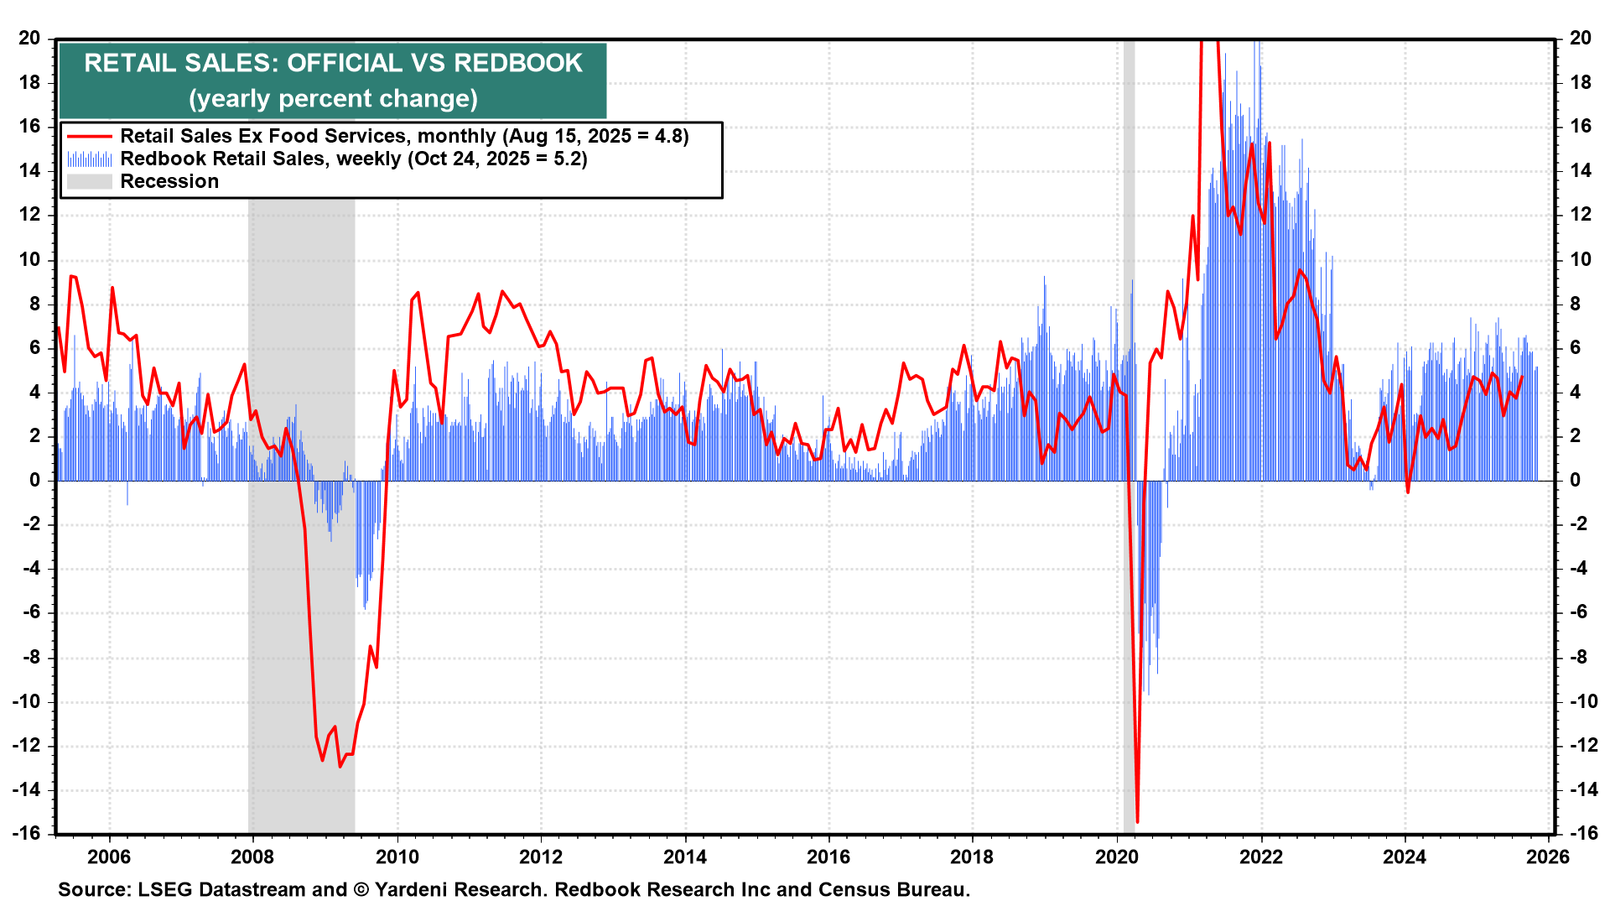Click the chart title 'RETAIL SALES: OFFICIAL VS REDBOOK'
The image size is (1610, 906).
click(x=333, y=64)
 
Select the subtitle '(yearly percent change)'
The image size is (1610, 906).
click(x=333, y=99)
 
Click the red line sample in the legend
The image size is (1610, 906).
click(x=89, y=137)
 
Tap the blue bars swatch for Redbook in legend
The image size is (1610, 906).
click(x=89, y=159)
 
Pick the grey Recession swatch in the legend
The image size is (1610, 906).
click(x=89, y=182)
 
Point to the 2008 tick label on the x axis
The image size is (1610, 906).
click(x=252, y=857)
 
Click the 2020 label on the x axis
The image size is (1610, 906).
click(x=1117, y=857)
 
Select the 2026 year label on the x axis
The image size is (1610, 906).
click(x=1548, y=857)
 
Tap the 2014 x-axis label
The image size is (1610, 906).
click(x=685, y=857)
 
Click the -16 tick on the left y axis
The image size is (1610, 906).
click(x=27, y=833)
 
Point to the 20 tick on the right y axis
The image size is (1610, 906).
click(x=1580, y=39)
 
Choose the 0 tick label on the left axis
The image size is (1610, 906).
click(x=34, y=481)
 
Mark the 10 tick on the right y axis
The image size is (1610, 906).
click(x=1580, y=259)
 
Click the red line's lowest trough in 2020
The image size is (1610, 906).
click(x=1137, y=821)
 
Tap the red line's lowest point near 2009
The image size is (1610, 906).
click(x=340, y=766)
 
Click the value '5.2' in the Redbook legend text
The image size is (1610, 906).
click(x=567, y=159)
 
